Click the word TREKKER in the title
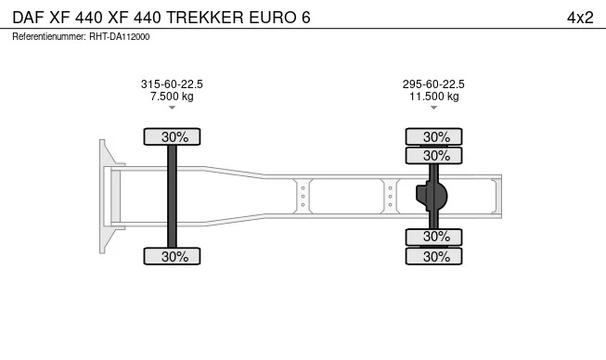tap(205, 18)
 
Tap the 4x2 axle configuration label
tap(580, 18)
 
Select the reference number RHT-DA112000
tap(120, 37)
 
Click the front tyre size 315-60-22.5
tap(172, 84)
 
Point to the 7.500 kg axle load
tap(172, 96)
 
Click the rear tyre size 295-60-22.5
tap(433, 84)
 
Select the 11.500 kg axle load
tap(434, 96)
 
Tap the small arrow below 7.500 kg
tap(172, 108)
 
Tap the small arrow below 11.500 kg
tap(433, 108)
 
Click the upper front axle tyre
tap(172, 136)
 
